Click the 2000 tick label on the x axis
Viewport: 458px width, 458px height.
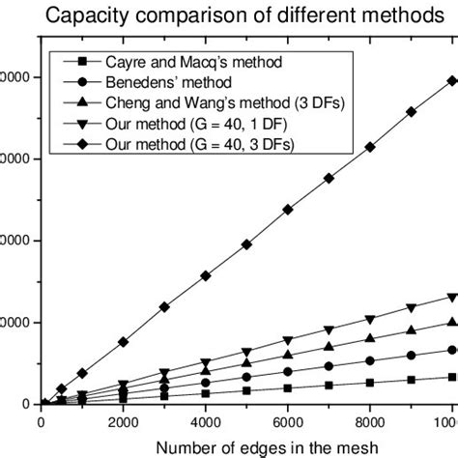123,422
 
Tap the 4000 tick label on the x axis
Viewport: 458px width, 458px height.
205,422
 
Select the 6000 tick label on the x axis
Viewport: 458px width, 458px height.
288,422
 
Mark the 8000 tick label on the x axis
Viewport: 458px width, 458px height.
370,422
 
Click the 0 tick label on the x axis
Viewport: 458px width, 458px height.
41,422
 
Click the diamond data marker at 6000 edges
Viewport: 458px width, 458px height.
288,210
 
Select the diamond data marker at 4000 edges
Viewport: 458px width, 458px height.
205,275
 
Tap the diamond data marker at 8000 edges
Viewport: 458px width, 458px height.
370,147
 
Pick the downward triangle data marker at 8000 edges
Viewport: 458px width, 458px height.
370,320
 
